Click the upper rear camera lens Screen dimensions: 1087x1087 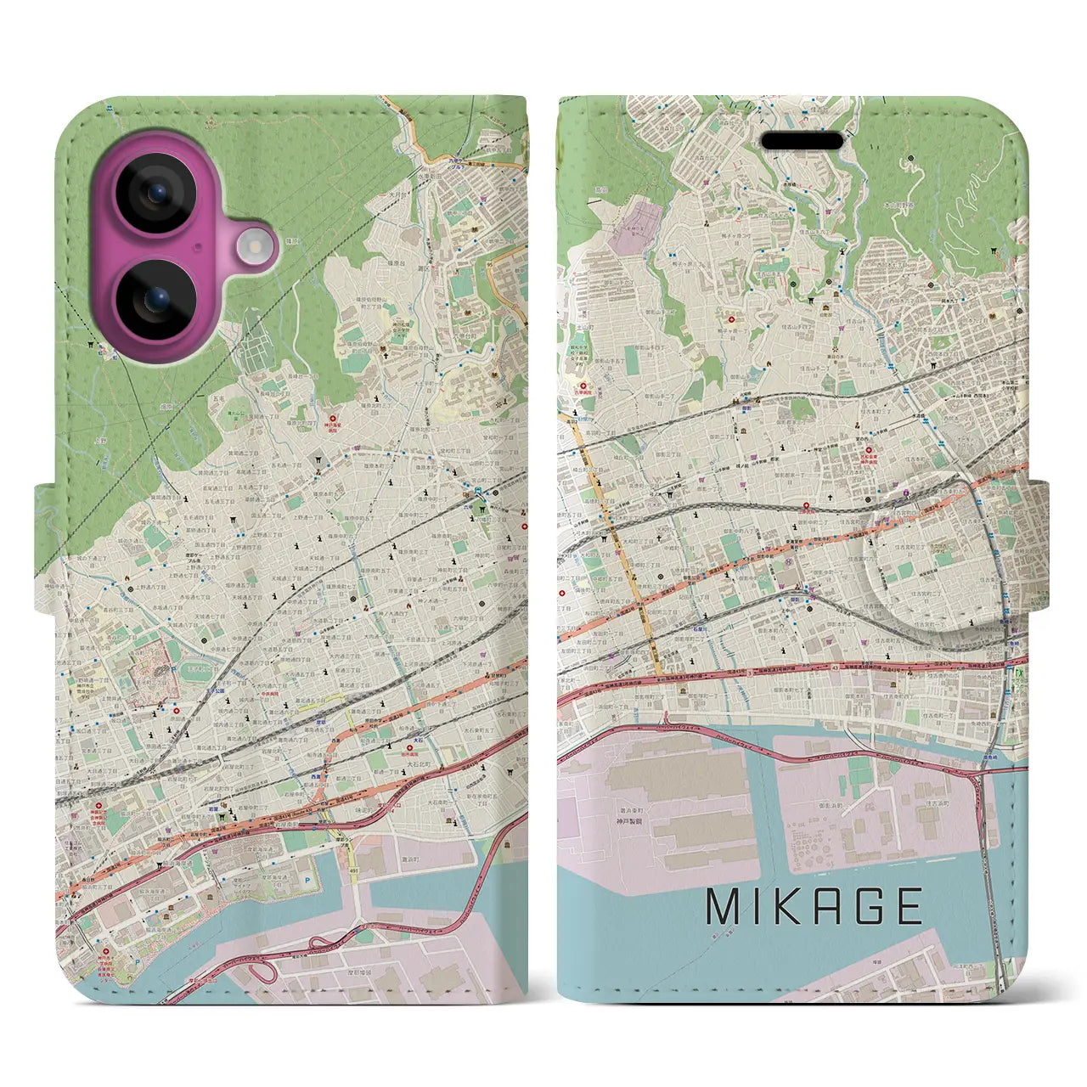click(x=156, y=194)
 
